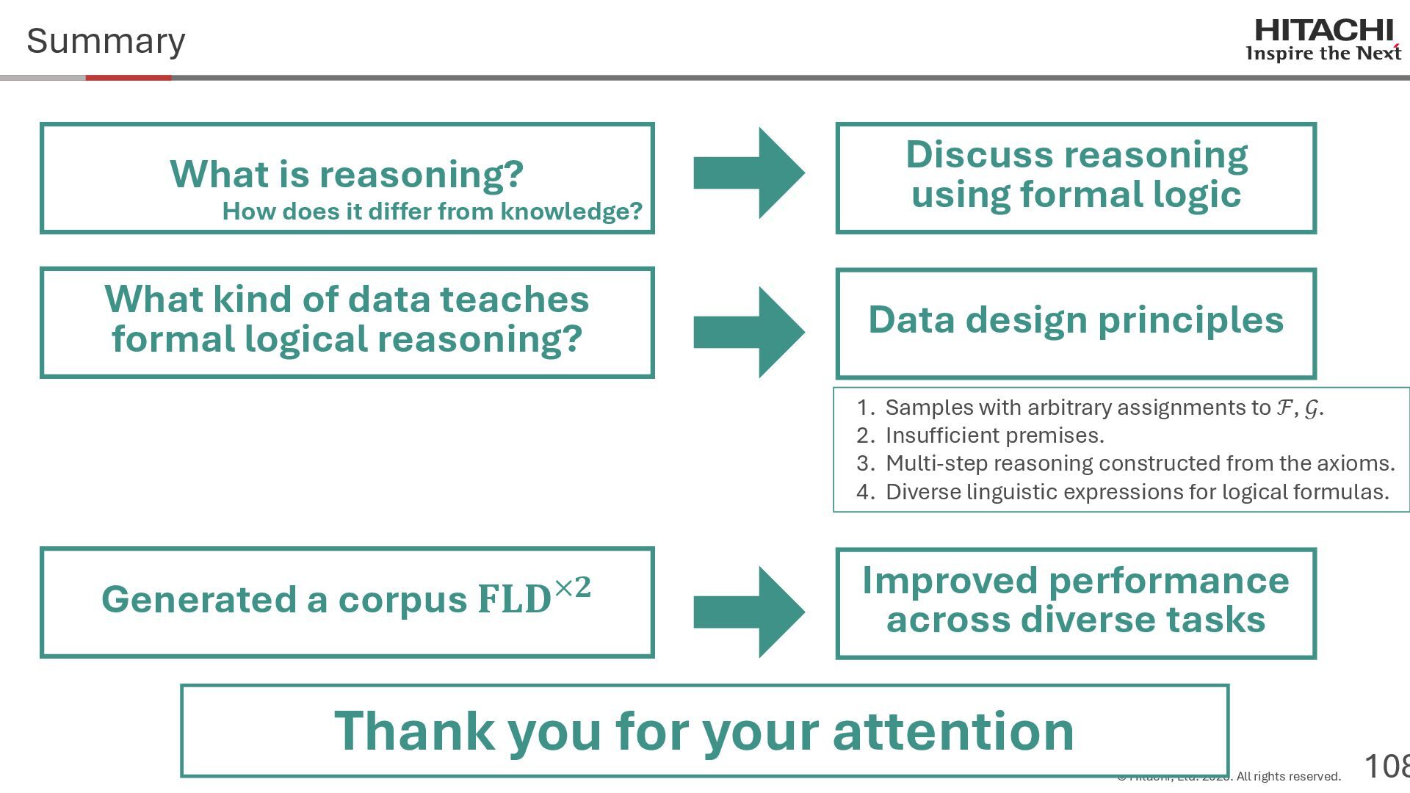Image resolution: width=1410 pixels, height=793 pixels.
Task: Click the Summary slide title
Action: click(106, 41)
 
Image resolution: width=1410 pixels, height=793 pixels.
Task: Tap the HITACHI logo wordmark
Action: click(1323, 31)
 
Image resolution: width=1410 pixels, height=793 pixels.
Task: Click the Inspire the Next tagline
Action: click(1323, 54)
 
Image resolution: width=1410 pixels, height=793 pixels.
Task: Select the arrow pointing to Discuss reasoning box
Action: click(750, 173)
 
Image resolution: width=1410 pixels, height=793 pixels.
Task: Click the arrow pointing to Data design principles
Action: click(750, 332)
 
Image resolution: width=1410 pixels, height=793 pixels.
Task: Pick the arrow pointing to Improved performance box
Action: click(750, 612)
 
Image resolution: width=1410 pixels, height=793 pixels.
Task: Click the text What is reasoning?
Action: click(347, 174)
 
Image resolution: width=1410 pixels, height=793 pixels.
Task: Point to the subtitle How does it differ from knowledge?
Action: click(432, 211)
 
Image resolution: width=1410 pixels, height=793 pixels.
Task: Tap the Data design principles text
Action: click(1076, 320)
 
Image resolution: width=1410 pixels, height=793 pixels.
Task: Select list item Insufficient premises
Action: click(994, 435)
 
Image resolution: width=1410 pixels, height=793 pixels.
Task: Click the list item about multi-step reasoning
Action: click(1140, 463)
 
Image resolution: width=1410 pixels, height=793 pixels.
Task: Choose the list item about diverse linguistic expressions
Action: click(1137, 492)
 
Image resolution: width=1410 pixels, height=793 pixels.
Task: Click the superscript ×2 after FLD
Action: click(573, 587)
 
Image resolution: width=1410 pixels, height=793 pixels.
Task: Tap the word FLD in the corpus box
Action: click(514, 600)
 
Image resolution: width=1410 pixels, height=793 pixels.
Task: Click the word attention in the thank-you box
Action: click(953, 731)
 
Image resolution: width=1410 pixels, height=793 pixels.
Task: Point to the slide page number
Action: click(1386, 767)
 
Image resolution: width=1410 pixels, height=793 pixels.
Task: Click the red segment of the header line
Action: click(129, 77)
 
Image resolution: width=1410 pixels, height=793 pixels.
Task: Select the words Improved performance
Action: click(1075, 581)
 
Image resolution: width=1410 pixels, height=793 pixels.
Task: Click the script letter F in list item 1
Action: click(1284, 408)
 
